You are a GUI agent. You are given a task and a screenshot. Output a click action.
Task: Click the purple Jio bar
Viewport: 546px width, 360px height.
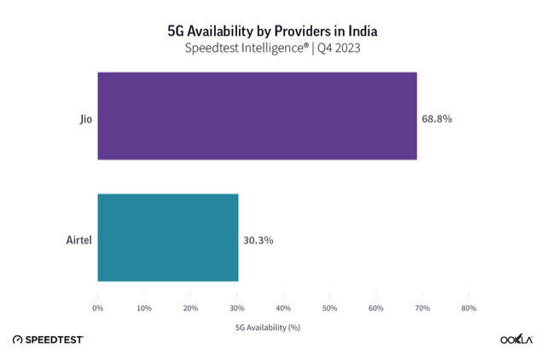(257, 116)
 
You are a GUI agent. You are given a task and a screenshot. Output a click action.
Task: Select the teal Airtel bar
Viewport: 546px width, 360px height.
(168, 238)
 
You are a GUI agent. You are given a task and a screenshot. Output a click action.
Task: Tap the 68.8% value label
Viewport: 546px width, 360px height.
(436, 119)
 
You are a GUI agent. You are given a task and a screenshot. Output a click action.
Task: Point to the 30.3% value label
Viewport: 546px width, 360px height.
(258, 241)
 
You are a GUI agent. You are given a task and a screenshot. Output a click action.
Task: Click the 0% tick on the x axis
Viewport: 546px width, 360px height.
(98, 307)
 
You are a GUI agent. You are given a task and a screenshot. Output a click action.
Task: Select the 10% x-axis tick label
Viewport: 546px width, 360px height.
(144, 307)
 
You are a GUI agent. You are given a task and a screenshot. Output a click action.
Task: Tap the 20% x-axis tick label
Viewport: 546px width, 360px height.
(190, 307)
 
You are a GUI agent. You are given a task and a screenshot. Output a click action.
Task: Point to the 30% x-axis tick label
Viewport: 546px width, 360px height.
(237, 307)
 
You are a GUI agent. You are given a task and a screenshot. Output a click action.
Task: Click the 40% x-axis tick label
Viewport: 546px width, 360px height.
(283, 307)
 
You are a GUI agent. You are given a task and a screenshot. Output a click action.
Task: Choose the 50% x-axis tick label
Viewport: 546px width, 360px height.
(329, 307)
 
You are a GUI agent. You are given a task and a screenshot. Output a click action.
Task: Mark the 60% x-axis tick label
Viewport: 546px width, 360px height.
(375, 307)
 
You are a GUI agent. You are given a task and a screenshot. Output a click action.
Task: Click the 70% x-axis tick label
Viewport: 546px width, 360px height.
(422, 307)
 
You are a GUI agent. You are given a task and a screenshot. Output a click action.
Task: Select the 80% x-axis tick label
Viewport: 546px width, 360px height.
(468, 307)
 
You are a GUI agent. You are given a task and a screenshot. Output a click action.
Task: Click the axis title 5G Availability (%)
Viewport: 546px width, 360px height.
(268, 327)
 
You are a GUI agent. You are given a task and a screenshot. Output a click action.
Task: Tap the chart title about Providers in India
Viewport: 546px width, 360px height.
(272, 31)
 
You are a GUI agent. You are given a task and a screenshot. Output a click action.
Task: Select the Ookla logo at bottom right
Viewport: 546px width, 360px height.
(516, 340)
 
